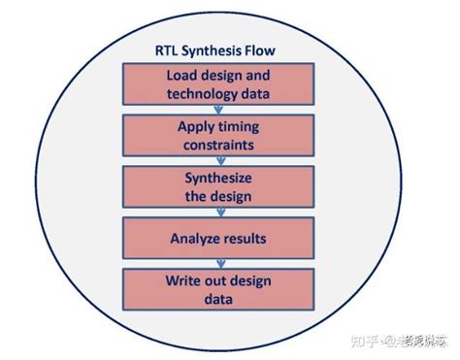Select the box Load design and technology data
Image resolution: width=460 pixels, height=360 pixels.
pyautogui.click(x=218, y=84)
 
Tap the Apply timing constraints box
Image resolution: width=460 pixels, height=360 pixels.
pyautogui.click(x=218, y=135)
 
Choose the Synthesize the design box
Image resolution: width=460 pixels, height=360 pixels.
pyautogui.click(x=218, y=185)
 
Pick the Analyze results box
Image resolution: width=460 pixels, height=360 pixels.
pyautogui.click(x=218, y=237)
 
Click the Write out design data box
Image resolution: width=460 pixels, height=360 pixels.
pyautogui.click(x=218, y=289)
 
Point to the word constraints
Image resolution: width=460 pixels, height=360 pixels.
pyautogui.click(x=218, y=144)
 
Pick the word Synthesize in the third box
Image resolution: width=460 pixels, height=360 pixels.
pyautogui.click(x=218, y=177)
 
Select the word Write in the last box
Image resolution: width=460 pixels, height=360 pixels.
pyautogui.click(x=183, y=280)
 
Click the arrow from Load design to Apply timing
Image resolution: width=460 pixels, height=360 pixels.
pyautogui.click(x=218, y=110)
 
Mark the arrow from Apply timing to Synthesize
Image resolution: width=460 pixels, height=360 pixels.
pyautogui.click(x=218, y=160)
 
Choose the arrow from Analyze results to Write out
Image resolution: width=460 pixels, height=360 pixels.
pyautogui.click(x=218, y=263)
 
